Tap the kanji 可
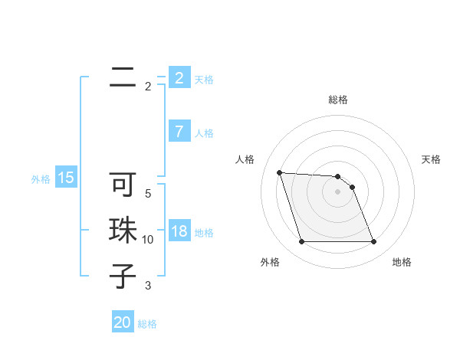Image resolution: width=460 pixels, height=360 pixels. click(123, 185)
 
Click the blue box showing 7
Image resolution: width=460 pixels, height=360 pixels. click(179, 132)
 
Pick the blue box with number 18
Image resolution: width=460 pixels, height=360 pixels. click(179, 231)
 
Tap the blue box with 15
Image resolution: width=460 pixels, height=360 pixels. click(66, 178)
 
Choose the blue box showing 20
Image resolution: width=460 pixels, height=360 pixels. click(123, 322)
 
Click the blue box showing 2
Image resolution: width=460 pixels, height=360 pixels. click(179, 78)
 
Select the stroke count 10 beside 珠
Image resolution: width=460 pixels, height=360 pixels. click(148, 240)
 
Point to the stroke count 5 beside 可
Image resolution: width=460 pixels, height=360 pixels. click(148, 193)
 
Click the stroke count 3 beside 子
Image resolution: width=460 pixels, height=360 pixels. click(148, 286)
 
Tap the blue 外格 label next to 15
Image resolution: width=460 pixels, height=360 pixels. click(41, 179)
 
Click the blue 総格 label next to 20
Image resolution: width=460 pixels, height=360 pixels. click(147, 324)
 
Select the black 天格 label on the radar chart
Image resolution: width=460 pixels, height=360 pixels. click(432, 159)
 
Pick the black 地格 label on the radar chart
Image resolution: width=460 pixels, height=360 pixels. click(402, 262)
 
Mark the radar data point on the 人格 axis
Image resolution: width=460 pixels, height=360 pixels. click(279, 172)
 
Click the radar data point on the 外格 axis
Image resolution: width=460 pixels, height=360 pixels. click(301, 242)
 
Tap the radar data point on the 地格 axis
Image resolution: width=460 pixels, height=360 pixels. click(373, 242)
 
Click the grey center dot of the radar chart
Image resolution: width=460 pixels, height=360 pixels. click(337, 191)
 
